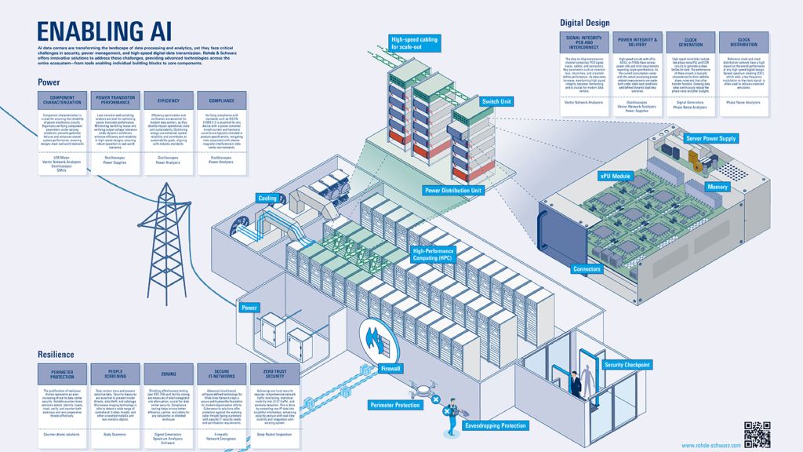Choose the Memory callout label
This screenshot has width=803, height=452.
(x=718, y=188)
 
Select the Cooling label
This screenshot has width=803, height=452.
(x=267, y=199)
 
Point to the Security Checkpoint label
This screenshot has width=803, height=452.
(x=627, y=365)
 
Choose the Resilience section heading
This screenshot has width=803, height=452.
(x=56, y=355)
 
